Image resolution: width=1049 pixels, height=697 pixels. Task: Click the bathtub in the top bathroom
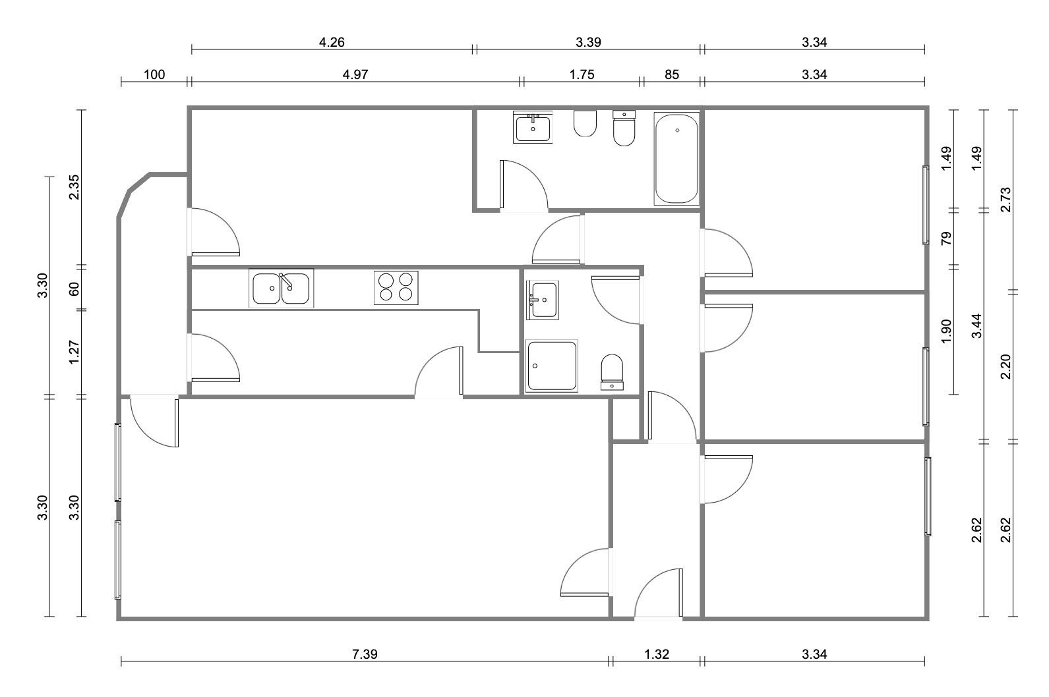point(676,159)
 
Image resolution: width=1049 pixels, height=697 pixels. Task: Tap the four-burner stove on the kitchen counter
point(396,288)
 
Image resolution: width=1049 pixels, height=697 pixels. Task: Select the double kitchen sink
point(281,288)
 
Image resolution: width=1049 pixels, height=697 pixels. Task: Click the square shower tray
point(552,366)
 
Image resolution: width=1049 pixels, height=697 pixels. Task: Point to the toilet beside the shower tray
point(612,372)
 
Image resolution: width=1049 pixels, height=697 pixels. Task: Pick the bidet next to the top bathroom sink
point(585,123)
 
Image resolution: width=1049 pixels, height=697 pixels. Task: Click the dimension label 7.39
point(365,654)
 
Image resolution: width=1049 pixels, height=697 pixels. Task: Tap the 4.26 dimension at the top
point(332,43)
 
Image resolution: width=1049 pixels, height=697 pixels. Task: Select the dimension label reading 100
point(154,75)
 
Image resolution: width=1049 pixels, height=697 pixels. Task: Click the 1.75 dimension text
point(582,75)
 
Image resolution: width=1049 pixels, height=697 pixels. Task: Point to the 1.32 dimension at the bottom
point(657,654)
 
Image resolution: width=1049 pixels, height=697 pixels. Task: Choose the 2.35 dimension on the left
point(74,187)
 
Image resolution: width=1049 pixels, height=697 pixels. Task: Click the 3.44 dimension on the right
point(977,325)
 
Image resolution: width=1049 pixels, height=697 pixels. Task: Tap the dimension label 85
point(672,75)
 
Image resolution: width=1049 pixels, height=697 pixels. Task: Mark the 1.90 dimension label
point(946,331)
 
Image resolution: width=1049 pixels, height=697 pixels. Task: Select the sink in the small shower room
point(542,300)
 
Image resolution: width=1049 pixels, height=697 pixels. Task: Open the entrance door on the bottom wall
point(658,594)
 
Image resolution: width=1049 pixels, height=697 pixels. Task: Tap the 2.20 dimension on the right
point(1006,367)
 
